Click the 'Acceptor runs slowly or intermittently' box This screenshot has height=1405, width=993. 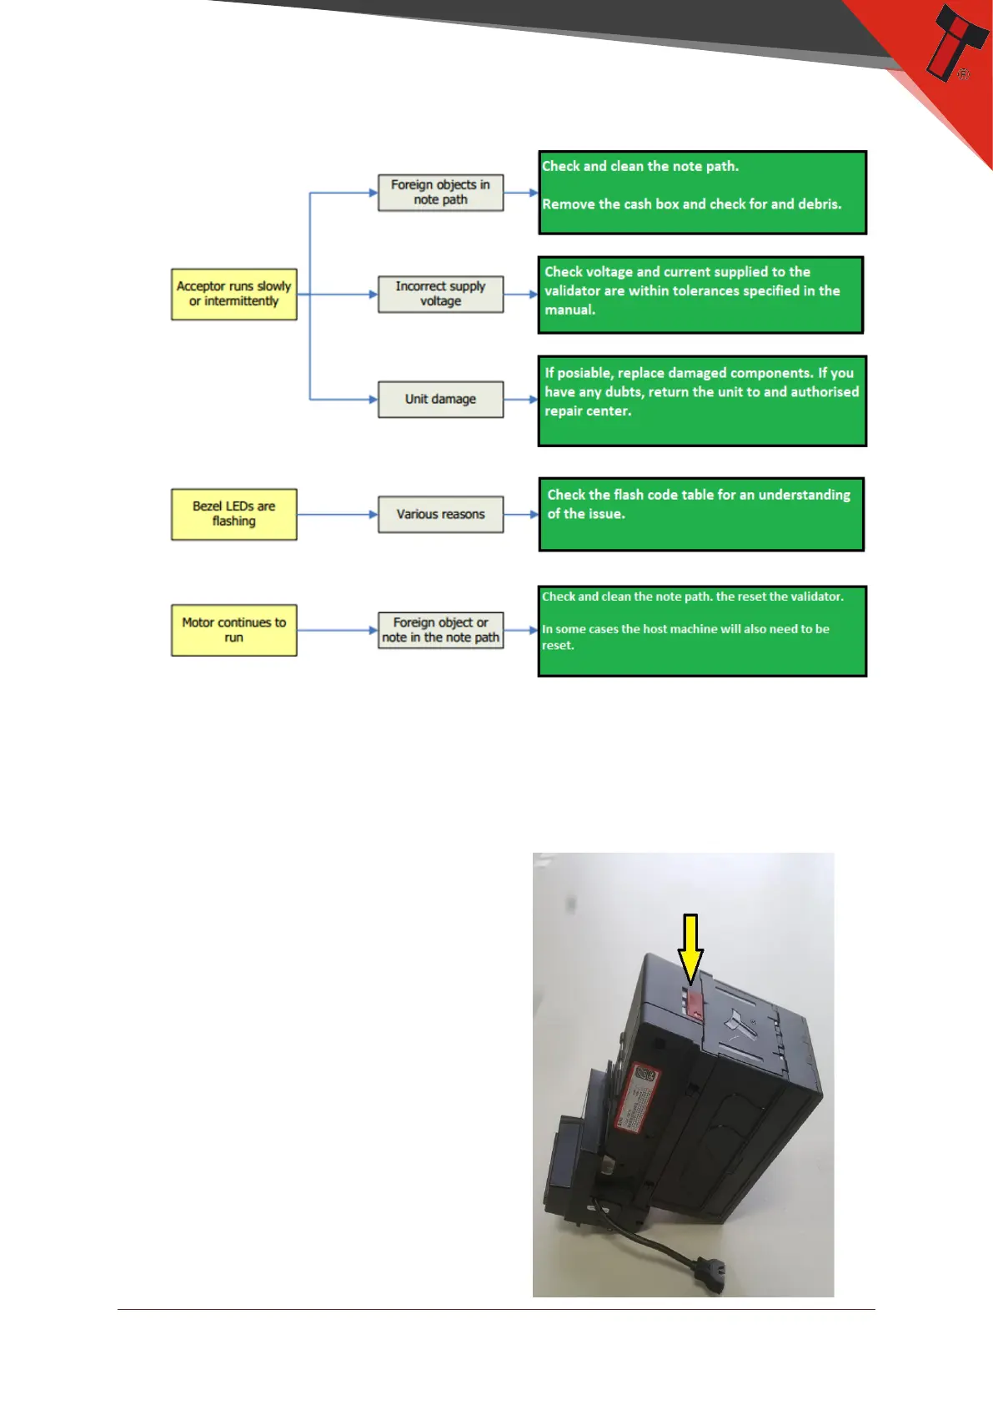coord(233,294)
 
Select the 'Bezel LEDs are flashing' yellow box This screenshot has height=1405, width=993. coord(233,514)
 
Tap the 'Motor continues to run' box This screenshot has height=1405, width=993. coord(233,630)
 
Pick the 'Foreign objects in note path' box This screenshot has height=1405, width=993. coord(440,192)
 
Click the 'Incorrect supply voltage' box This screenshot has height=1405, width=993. coord(440,294)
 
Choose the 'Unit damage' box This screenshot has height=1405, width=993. coord(440,399)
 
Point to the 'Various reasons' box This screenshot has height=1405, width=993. coord(440,514)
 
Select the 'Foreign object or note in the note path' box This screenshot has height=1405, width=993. coord(440,630)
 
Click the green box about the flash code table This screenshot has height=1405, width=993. coord(701,514)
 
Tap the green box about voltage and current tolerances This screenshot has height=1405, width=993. coord(700,295)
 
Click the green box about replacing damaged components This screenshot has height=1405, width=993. coord(702,400)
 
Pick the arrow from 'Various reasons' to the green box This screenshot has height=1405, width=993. coord(521,514)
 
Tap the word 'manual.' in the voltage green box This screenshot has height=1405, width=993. coord(570,310)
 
